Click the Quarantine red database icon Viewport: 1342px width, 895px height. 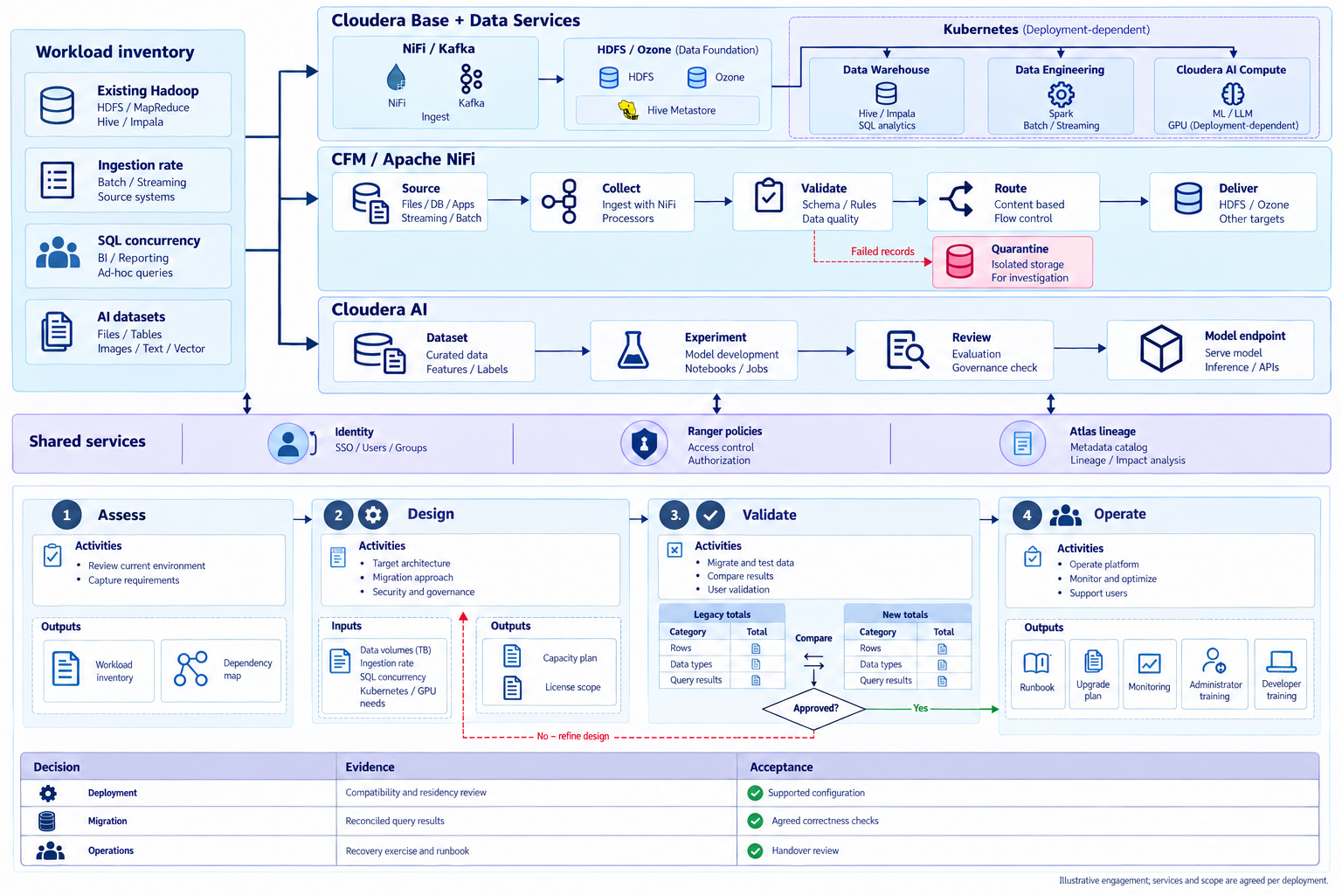[959, 261]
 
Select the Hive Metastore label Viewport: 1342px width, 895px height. [681, 110]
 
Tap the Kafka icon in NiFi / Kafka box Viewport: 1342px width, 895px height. [471, 79]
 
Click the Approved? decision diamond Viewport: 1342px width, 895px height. [813, 709]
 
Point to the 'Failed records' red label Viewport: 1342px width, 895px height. [882, 251]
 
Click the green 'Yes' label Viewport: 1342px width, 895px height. [920, 708]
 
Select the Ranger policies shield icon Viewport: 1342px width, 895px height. [644, 444]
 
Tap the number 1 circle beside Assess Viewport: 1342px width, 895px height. [66, 514]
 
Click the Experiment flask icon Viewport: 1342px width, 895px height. [633, 350]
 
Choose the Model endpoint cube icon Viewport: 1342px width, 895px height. [1161, 348]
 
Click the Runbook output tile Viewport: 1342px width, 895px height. [1038, 674]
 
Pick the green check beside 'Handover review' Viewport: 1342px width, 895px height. [755, 850]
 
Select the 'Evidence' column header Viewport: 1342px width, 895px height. [370, 767]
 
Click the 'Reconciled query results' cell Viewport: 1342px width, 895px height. [395, 821]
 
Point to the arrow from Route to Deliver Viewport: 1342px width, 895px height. [1124, 201]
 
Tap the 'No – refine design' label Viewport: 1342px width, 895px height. [573, 736]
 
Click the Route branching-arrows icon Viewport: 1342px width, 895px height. [956, 198]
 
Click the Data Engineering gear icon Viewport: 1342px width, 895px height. [1061, 94]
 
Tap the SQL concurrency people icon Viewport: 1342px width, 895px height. [58, 252]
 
